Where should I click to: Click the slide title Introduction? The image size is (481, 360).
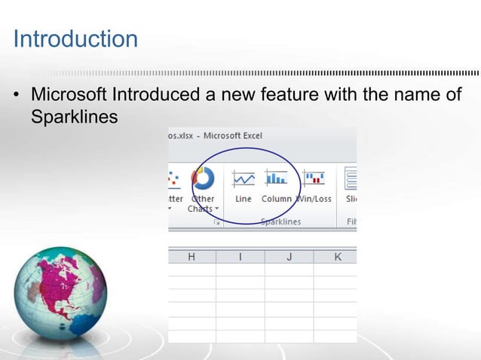click(75, 38)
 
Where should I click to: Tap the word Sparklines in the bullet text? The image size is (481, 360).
click(74, 117)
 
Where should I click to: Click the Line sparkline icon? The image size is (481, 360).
click(243, 178)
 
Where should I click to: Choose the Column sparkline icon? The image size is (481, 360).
click(276, 178)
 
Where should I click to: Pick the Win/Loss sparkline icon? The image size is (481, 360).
click(313, 178)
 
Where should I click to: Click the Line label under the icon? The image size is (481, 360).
click(243, 199)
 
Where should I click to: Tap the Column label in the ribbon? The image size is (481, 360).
click(276, 199)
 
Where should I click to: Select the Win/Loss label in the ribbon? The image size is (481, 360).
click(314, 199)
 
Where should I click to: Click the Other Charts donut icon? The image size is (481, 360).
click(203, 178)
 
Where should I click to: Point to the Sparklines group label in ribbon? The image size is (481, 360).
click(280, 221)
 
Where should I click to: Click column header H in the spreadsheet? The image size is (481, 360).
click(191, 257)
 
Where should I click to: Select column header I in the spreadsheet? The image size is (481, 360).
click(240, 257)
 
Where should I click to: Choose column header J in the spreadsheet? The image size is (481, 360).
click(289, 257)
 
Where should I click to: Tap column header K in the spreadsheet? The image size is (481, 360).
click(337, 257)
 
